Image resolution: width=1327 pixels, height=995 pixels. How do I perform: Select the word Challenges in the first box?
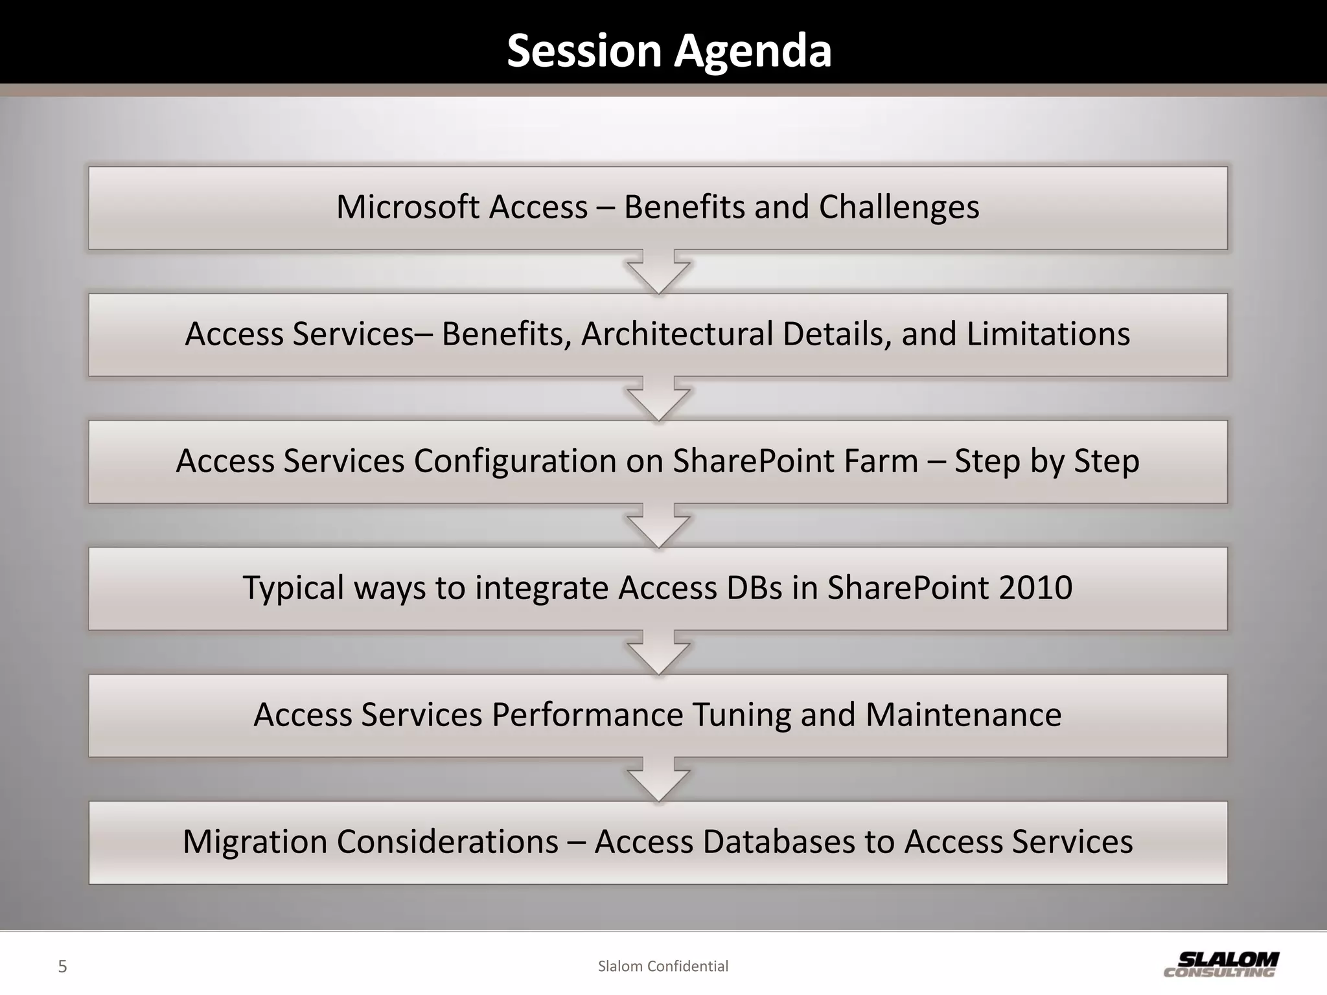(899, 207)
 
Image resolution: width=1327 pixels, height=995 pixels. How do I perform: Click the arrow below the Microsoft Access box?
(658, 273)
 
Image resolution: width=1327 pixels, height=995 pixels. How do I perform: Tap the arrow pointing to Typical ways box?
(658, 527)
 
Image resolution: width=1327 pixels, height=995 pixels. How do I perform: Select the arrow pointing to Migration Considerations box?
(658, 781)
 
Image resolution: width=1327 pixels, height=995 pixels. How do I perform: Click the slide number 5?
(62, 966)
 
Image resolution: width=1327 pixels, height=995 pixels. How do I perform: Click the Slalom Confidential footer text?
(663, 966)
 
